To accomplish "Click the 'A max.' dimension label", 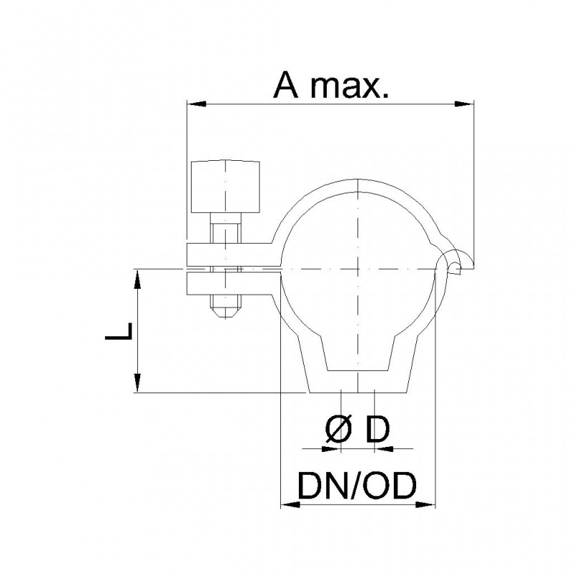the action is (331, 85).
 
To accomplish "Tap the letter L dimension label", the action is (118, 331).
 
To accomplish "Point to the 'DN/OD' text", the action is (357, 485).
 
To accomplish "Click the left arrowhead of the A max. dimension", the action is (196, 104).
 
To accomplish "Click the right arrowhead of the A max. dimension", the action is (464, 104).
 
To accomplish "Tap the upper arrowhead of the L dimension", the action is (137, 279).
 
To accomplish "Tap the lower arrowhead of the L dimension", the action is (137, 383).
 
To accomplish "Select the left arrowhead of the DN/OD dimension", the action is (290, 505).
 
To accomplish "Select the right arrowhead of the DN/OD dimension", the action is (425, 505).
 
